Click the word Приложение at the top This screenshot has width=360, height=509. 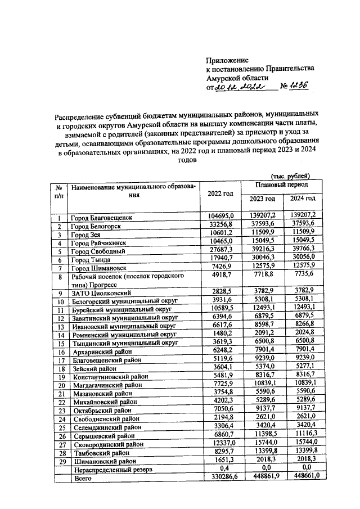coord(227,59)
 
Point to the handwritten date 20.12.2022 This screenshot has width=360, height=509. coord(243,87)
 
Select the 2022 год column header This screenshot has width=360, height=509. coord(220,193)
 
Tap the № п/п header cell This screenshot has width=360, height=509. coord(59,191)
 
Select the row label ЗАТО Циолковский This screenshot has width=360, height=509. coord(100,293)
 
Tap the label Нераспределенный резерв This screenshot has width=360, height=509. coord(111,469)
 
